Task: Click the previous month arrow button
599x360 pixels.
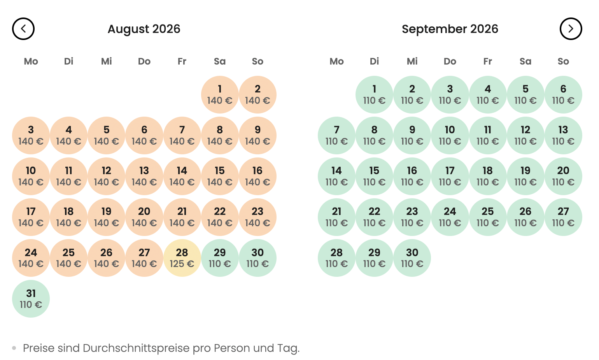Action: [23, 29]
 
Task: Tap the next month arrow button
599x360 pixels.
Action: [571, 29]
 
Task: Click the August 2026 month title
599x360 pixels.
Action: [144, 29]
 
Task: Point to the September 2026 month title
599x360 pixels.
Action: [450, 29]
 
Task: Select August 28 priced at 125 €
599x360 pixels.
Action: [182, 258]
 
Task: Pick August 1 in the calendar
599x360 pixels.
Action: [220, 94]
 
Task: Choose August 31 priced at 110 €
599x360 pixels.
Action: [31, 299]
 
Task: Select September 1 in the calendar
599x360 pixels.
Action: [374, 94]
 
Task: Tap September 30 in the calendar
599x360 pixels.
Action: [412, 258]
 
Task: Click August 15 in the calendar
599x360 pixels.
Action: [220, 176]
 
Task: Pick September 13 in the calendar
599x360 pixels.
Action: [563, 135]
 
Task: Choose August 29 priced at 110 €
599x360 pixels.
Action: [220, 258]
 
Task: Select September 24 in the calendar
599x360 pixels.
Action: [450, 217]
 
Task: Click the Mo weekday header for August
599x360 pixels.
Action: [31, 61]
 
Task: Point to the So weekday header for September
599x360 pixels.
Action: [563, 61]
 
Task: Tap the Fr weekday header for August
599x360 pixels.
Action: [182, 61]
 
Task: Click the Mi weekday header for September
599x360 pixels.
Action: [412, 61]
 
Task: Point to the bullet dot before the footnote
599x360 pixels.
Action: [14, 348]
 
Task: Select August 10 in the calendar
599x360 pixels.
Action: [31, 176]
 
